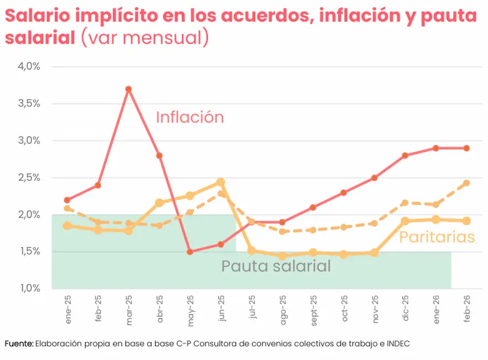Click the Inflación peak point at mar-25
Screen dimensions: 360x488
coord(128,89)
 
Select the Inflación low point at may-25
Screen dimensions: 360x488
coord(190,251)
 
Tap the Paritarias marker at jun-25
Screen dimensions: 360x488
coord(220,182)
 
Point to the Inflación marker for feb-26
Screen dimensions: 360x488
coord(467,148)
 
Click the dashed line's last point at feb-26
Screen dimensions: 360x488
coord(467,183)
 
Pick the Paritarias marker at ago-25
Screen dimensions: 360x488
coord(282,256)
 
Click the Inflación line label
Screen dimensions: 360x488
coord(189,117)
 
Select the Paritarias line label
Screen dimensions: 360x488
coord(436,237)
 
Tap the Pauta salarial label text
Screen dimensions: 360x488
coord(276,266)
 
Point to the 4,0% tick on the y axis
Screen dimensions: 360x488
coord(30,67)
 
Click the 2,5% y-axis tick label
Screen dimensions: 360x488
coord(30,178)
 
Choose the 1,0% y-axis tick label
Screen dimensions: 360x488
coord(30,288)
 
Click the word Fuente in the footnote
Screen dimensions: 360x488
coord(19,343)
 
